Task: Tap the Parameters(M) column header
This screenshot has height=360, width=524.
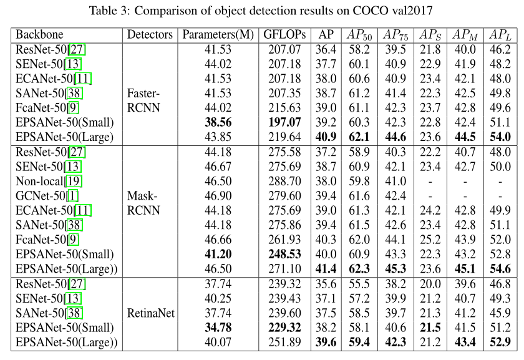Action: pos(218,35)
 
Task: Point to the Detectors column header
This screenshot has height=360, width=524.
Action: pos(150,35)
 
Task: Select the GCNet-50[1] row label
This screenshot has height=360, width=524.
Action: pos(44,196)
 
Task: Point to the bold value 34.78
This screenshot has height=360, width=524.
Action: pos(218,328)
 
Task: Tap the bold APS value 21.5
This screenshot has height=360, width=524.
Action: pos(430,328)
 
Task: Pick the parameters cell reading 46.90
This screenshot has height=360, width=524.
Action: pos(218,196)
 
